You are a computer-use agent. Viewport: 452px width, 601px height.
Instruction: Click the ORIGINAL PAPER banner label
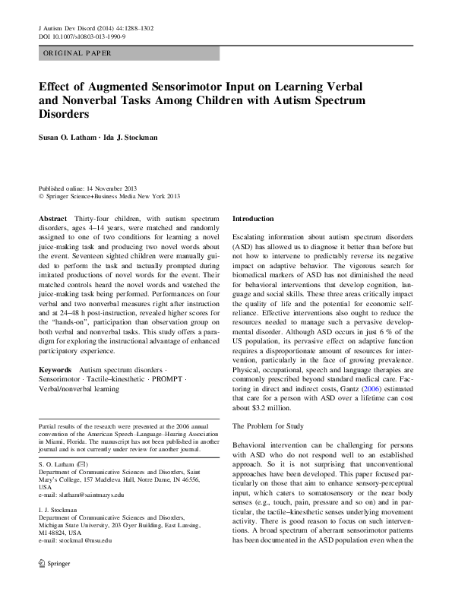pyautogui.click(x=77, y=53)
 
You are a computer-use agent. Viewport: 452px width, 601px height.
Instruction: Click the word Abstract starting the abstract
pyautogui.click(x=52, y=219)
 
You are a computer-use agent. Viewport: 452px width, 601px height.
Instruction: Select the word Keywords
pyautogui.click(x=56, y=369)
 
